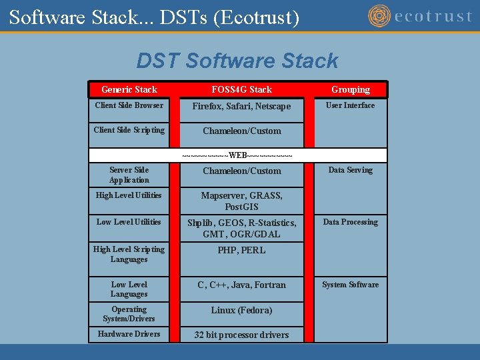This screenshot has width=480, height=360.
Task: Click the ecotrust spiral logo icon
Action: click(x=380, y=16)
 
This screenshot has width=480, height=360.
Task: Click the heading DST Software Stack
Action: click(x=237, y=61)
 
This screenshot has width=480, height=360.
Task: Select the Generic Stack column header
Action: click(x=129, y=89)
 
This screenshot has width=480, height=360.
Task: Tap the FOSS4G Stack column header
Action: click(x=241, y=89)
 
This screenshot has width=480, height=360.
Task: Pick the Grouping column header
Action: click(x=351, y=89)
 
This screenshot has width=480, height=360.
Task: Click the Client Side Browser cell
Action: click(x=129, y=105)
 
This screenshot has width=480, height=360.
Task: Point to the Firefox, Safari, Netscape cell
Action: click(x=241, y=107)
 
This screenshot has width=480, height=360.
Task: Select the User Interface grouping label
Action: click(x=350, y=105)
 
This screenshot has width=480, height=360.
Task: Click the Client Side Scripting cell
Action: click(x=129, y=130)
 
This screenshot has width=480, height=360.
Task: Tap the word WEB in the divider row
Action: click(x=238, y=155)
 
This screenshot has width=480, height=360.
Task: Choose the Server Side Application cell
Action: click(x=129, y=175)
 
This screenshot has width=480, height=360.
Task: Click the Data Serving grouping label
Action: click(x=350, y=170)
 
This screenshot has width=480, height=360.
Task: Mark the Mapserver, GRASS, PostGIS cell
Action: click(x=241, y=201)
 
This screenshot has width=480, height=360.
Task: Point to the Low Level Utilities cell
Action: click(x=129, y=222)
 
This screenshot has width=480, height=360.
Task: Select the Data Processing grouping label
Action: click(x=350, y=222)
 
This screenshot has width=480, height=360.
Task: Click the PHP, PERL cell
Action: click(x=241, y=251)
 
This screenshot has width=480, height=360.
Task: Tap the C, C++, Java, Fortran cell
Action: click(x=241, y=285)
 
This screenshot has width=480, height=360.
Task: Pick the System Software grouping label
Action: click(x=350, y=285)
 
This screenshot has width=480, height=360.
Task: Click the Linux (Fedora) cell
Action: click(x=241, y=311)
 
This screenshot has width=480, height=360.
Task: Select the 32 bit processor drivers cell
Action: click(x=241, y=335)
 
